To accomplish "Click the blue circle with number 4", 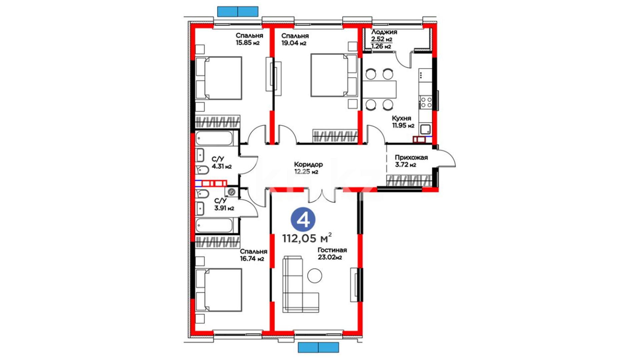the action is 303,220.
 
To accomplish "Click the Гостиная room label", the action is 332,250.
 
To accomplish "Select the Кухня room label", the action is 401,118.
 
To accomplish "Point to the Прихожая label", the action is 411,157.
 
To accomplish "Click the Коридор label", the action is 308,164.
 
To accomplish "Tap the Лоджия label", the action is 384,32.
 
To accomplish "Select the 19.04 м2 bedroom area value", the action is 294,43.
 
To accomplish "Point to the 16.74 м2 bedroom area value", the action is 252,259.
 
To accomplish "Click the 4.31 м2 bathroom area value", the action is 222,166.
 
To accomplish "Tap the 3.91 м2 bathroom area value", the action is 224,208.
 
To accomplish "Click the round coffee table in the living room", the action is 315,276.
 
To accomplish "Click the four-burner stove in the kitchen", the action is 426,102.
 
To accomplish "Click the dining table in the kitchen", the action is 379,89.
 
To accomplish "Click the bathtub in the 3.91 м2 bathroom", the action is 214,226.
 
